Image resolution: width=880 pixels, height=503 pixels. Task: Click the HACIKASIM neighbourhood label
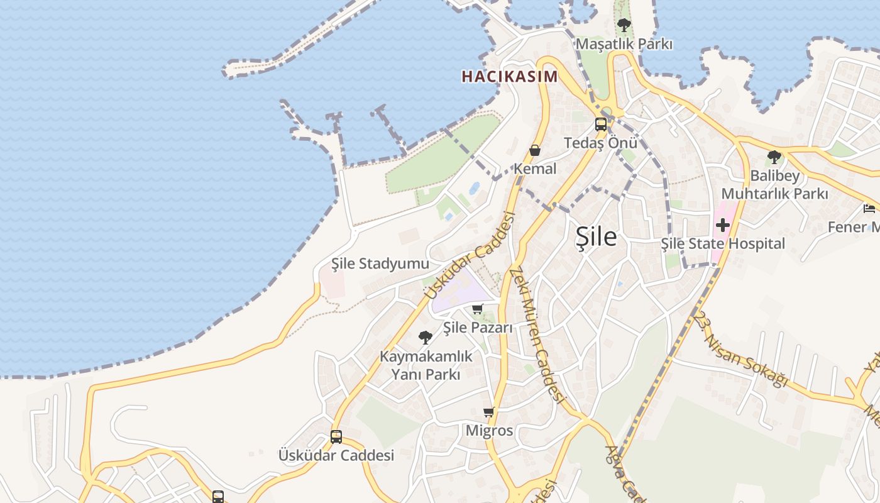click(x=509, y=77)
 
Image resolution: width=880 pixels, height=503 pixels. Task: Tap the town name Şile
click(x=596, y=236)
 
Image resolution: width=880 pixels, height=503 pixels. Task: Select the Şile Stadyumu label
click(x=380, y=263)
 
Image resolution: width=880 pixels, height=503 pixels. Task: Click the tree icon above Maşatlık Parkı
click(x=624, y=26)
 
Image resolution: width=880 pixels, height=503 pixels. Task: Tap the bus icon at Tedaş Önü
click(x=601, y=124)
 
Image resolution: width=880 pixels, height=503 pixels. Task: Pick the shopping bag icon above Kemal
click(x=535, y=150)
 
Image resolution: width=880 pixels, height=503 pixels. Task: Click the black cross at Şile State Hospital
click(x=723, y=224)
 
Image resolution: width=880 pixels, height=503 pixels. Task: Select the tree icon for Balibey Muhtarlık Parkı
click(x=774, y=157)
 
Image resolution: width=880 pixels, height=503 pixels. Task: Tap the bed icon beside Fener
click(x=869, y=209)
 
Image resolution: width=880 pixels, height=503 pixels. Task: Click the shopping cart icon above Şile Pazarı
click(x=477, y=309)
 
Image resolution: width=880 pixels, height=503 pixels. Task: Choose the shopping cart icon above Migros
click(x=488, y=412)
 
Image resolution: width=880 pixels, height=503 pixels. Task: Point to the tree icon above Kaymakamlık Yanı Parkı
click(x=426, y=338)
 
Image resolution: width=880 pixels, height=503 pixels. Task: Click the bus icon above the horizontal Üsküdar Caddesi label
click(x=336, y=436)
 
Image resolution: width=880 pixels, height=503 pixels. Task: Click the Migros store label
click(x=489, y=431)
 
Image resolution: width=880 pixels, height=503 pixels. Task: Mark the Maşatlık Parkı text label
click(x=624, y=44)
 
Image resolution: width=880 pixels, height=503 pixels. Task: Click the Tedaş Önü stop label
click(x=600, y=143)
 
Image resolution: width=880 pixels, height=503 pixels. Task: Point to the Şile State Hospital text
click(x=723, y=243)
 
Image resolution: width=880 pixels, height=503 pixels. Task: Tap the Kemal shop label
click(x=535, y=169)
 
